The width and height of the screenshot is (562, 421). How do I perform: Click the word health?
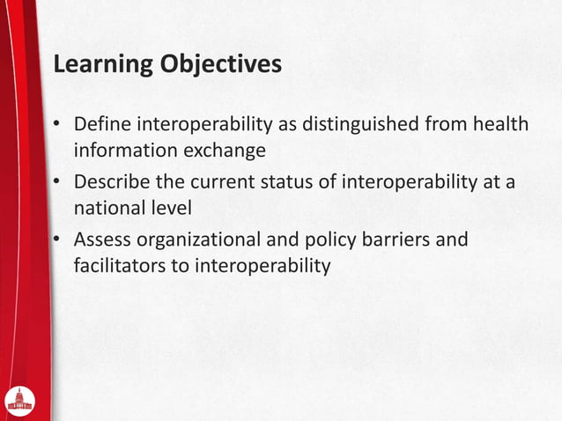coord(500,124)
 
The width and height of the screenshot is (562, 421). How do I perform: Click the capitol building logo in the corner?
coord(19,400)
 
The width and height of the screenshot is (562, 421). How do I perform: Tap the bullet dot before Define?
coord(56,125)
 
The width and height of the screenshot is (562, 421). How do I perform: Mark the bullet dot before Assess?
coord(56,240)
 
